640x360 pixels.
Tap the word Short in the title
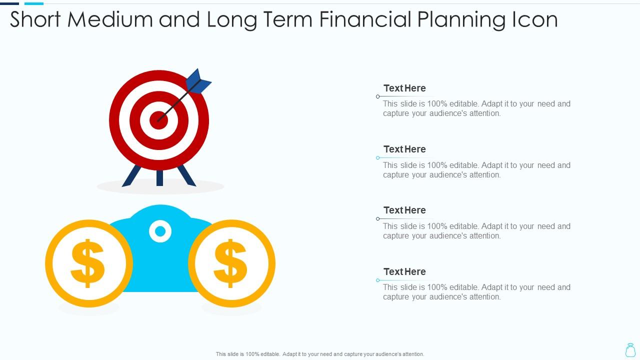click(35, 19)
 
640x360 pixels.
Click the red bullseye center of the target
click(158, 120)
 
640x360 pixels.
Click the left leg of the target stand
click(132, 175)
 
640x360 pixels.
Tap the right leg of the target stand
click(186, 175)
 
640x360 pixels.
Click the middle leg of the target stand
click(159, 177)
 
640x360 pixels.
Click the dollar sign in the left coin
click(88, 263)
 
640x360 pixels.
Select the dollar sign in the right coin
click(230, 263)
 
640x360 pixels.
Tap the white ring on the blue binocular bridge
click(160, 231)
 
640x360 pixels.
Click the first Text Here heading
click(404, 88)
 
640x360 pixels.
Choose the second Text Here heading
click(404, 149)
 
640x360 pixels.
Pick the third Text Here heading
click(404, 210)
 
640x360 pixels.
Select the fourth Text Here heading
click(404, 272)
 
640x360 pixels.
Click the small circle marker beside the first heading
click(378, 96)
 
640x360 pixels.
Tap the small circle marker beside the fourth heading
click(378, 280)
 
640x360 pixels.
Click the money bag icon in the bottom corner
click(630, 350)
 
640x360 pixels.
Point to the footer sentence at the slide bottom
click(320, 354)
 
